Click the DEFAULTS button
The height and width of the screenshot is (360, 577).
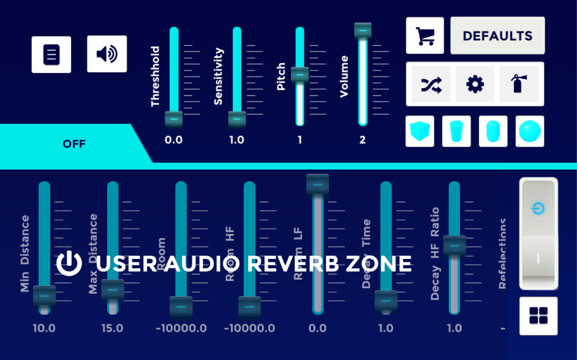point(497,36)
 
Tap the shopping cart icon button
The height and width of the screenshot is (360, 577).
point(424,36)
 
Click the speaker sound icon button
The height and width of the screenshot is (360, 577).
point(107,54)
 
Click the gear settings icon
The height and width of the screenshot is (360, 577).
point(475,84)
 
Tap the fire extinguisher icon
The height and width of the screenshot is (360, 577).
point(518,84)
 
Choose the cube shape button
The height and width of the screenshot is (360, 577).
point(420,131)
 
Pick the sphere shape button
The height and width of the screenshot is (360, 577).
point(530,131)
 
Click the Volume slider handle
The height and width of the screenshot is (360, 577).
point(363,31)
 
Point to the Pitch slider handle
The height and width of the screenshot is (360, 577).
point(300,75)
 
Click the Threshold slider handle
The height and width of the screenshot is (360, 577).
point(174,118)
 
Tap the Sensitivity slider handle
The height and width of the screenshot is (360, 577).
point(236,118)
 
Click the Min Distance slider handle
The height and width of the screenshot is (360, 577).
point(44,296)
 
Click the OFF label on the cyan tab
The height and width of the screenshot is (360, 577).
point(74,144)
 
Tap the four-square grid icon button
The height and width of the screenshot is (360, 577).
point(538,316)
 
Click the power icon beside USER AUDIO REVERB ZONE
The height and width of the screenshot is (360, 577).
point(69,263)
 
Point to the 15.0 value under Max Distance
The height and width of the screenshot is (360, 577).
point(112,328)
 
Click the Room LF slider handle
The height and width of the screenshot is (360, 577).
point(317,185)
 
